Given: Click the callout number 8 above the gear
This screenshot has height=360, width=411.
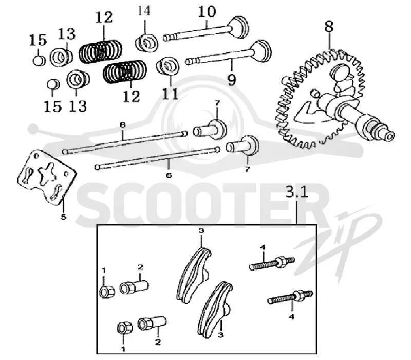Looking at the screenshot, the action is (329, 27).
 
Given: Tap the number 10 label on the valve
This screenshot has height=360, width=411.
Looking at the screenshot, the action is (207, 12).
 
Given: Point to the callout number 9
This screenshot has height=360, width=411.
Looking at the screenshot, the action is (232, 80).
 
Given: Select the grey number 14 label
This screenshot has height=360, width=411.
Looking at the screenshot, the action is (144, 11).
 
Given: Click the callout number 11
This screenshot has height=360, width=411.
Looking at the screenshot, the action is (170, 94).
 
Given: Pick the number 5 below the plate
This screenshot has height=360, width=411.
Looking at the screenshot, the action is (63, 217).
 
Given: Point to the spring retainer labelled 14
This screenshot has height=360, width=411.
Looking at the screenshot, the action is (146, 43).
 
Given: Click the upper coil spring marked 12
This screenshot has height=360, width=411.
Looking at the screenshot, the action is (101, 51).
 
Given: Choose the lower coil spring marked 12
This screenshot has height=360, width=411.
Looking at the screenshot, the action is (125, 71).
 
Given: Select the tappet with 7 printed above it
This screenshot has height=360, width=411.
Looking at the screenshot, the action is (210, 129).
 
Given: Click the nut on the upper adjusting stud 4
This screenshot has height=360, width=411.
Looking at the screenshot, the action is (282, 261).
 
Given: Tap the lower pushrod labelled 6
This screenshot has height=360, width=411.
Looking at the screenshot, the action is (157, 158).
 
